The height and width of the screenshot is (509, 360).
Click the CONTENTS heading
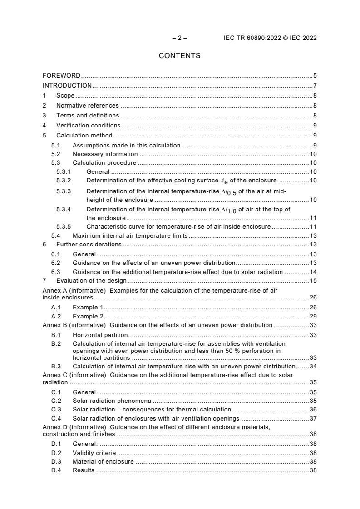pyautogui.click(x=179, y=56)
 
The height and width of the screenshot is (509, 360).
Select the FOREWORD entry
pyautogui.click(x=61, y=75)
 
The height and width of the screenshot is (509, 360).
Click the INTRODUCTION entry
pyautogui.click(x=67, y=85)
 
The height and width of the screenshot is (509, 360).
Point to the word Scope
pyautogui.click(x=65, y=95)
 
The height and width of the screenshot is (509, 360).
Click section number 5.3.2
pyautogui.click(x=64, y=181)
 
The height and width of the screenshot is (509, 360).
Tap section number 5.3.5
pyautogui.click(x=64, y=226)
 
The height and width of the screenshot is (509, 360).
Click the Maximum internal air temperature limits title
pyautogui.click(x=130, y=235)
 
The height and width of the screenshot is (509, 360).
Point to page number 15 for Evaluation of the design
pyautogui.click(x=313, y=281)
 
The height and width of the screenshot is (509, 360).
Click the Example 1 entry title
pyautogui.click(x=88, y=307)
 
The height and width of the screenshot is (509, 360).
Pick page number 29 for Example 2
pyautogui.click(x=313, y=316)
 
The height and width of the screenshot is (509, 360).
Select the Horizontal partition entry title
pyautogui.click(x=100, y=335)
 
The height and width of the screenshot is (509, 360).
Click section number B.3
pyautogui.click(x=56, y=366)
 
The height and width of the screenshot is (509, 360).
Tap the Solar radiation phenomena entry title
pyautogui.click(x=112, y=401)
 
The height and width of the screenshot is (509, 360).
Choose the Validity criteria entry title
pyautogui.click(x=94, y=453)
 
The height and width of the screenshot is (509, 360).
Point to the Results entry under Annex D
pyautogui.click(x=84, y=470)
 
